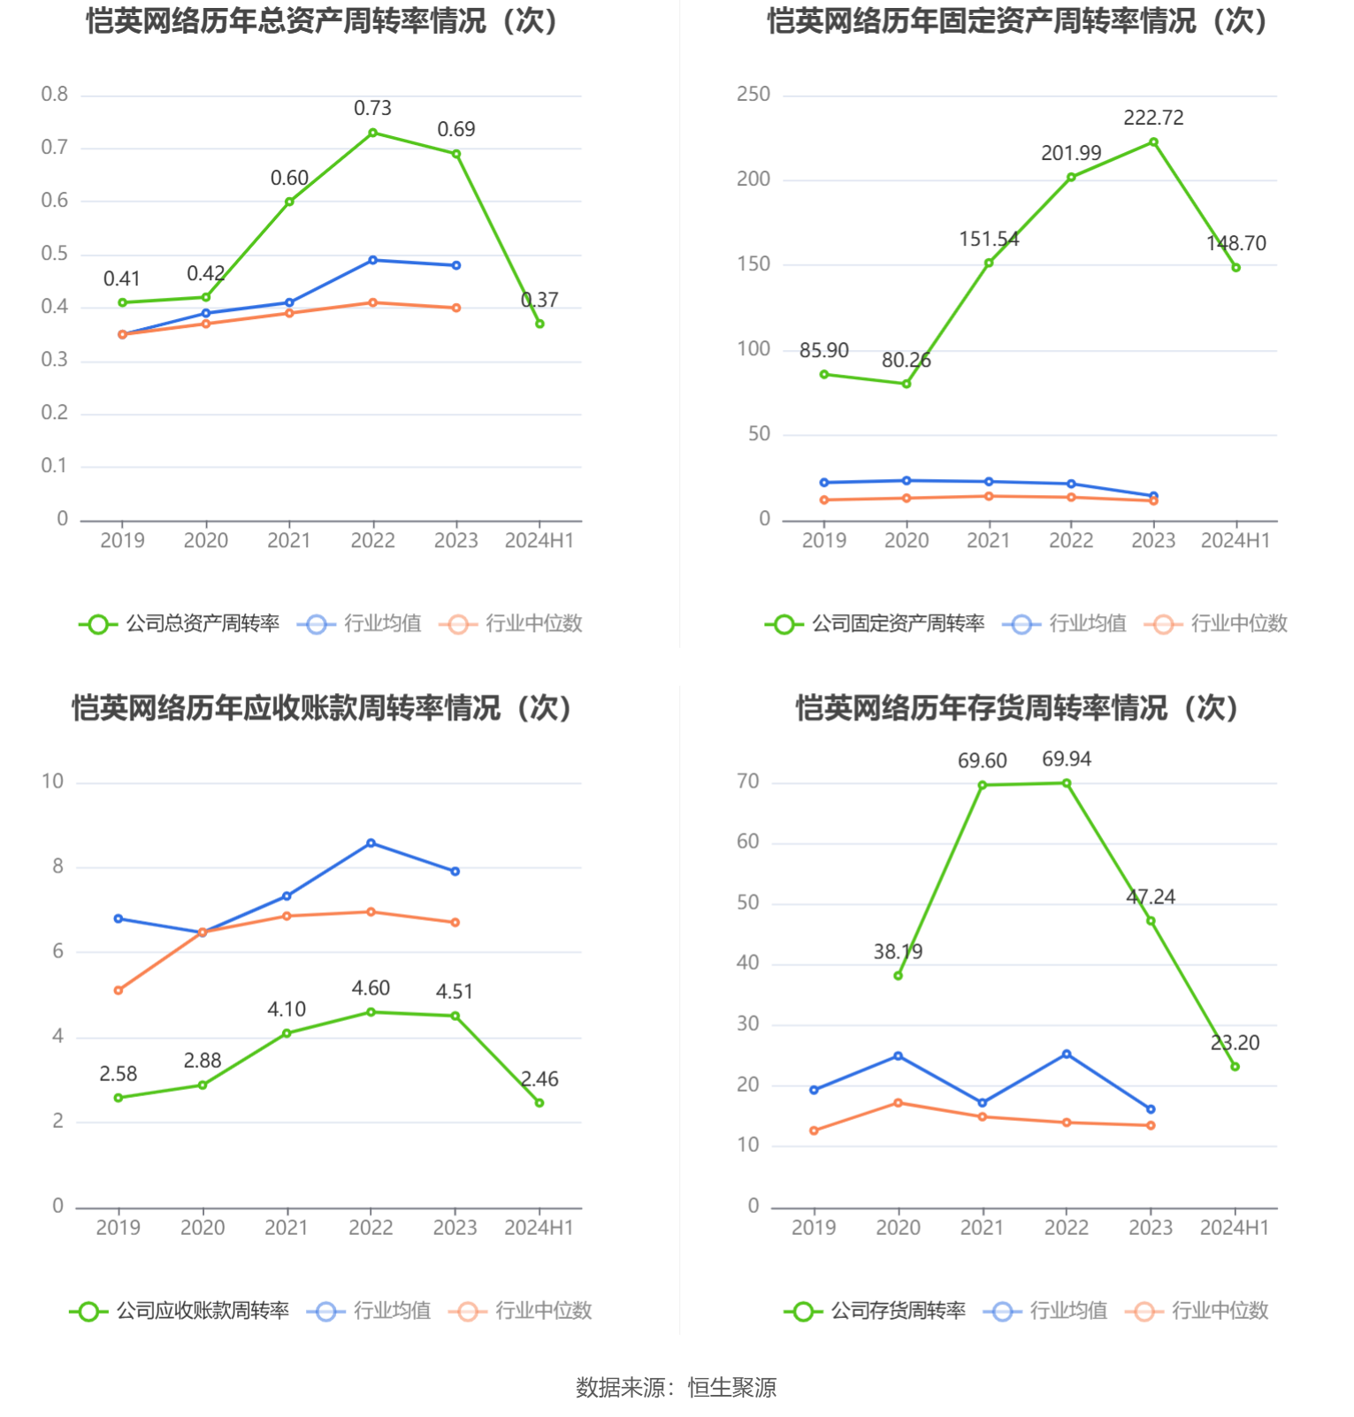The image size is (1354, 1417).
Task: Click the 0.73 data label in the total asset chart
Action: tap(372, 109)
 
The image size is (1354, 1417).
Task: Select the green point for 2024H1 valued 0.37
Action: tap(539, 324)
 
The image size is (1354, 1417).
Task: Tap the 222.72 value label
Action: tap(1153, 118)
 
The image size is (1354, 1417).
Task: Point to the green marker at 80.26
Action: tap(906, 384)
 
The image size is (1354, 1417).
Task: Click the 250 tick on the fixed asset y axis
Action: tap(753, 95)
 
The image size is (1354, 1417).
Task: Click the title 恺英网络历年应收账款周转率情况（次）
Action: tap(323, 708)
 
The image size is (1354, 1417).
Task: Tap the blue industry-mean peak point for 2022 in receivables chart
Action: tap(371, 843)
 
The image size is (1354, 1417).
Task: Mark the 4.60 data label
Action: tap(371, 988)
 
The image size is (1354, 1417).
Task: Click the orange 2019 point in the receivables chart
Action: tap(119, 990)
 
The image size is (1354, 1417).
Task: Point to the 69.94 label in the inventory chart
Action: tap(1067, 759)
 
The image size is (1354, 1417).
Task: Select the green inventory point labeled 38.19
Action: tap(899, 976)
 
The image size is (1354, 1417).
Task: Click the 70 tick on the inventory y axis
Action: tap(748, 781)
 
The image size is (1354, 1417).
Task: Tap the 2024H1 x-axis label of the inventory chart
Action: tap(1235, 1228)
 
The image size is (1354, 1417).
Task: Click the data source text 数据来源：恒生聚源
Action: tap(677, 1388)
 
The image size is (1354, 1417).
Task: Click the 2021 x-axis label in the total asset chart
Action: tap(289, 541)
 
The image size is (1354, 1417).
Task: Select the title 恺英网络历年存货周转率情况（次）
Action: tap(1017, 708)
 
